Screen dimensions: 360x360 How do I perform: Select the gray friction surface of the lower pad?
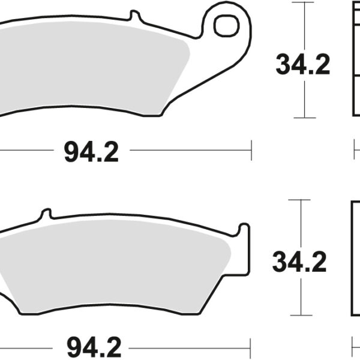click(120, 270)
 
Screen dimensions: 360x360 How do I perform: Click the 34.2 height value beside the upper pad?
click(303, 65)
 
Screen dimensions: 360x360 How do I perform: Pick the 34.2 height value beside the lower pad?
click(299, 262)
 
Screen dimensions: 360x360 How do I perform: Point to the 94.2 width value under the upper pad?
click(91, 152)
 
